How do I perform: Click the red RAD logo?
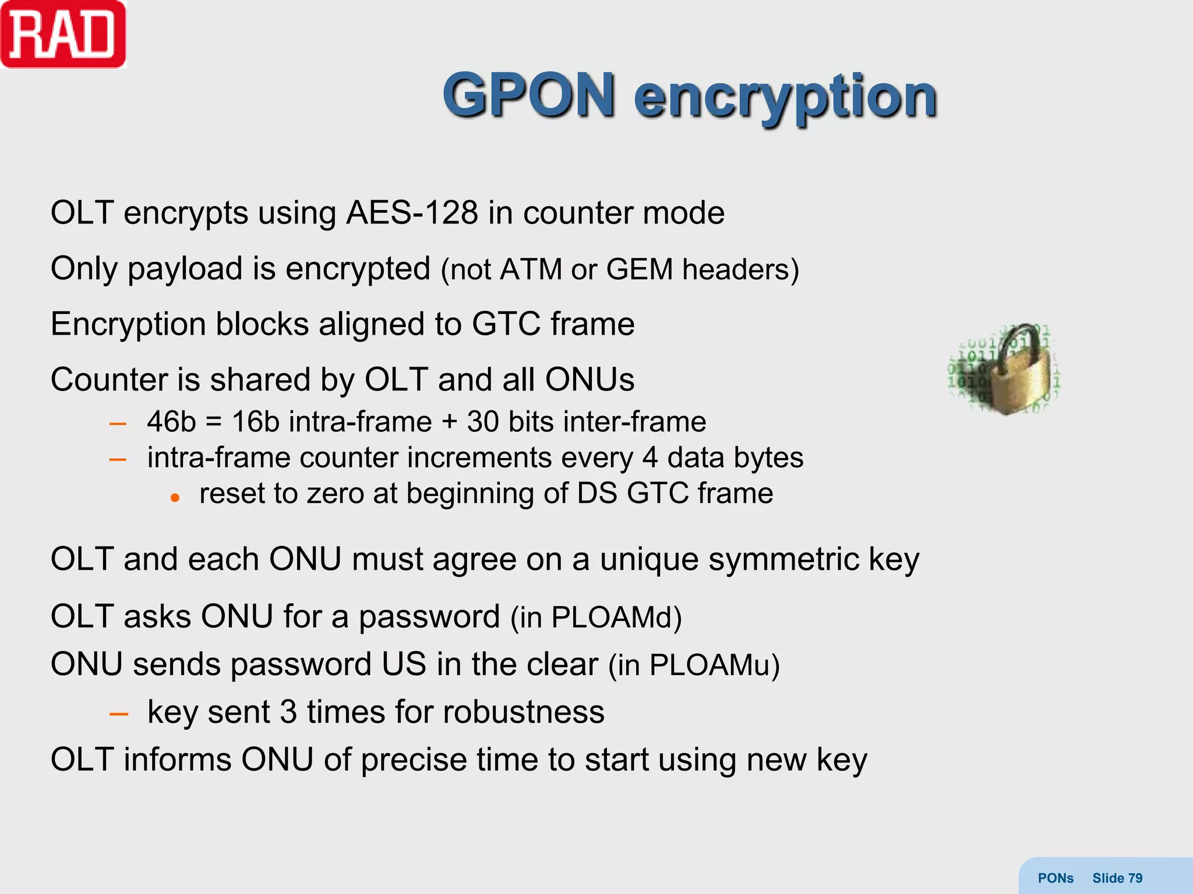[63, 35]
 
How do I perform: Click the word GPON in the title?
[529, 95]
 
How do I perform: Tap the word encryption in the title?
[785, 98]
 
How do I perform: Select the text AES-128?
[412, 213]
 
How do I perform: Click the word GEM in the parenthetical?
[640, 270]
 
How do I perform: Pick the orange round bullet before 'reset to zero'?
[175, 498]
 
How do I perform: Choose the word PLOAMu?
[710, 665]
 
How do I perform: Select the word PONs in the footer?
[1056, 878]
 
